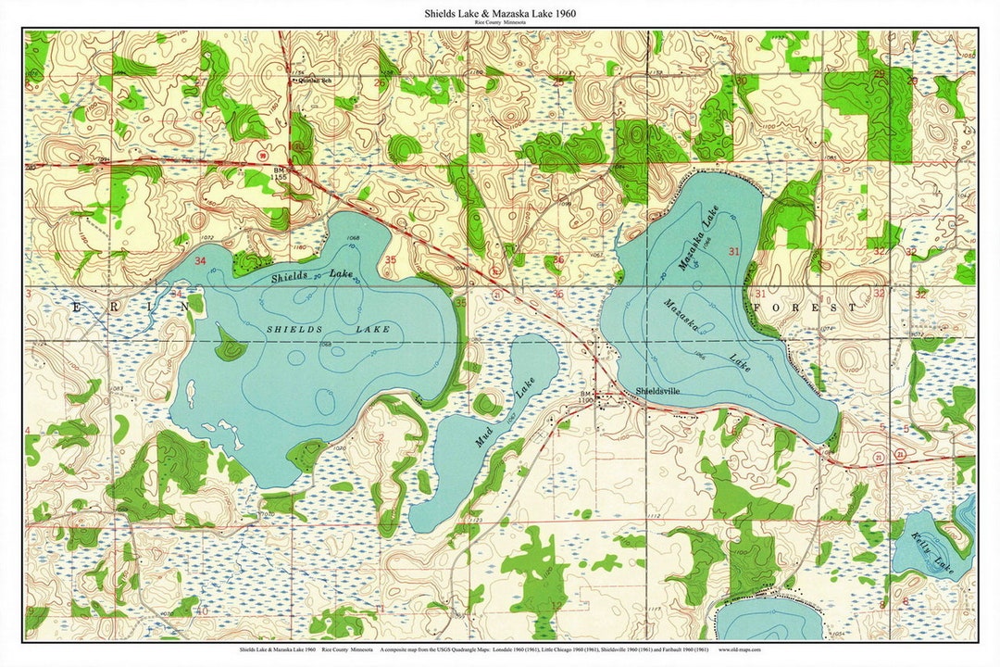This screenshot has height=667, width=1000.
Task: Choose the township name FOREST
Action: pyautogui.click(x=805, y=307)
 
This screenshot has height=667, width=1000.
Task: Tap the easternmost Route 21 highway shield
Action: pyautogui.click(x=900, y=454)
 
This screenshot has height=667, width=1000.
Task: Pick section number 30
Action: pyautogui.click(x=740, y=81)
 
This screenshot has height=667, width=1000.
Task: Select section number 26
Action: pyautogui.click(x=379, y=82)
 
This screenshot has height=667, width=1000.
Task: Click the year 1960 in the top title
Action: pyautogui.click(x=560, y=13)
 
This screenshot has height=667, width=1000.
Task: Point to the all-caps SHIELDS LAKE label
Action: pyautogui.click(x=328, y=330)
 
